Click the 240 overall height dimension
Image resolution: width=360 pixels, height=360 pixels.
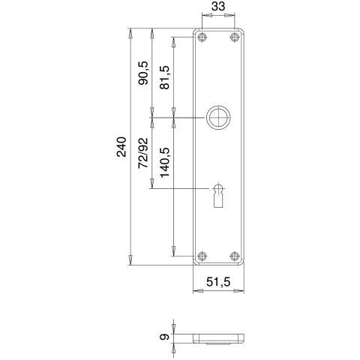[121, 147]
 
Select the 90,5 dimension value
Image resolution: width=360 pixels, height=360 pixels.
[143, 73]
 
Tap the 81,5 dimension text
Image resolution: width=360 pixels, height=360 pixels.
[165, 77]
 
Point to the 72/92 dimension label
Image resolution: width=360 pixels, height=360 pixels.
[143, 153]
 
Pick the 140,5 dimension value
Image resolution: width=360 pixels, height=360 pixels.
[165, 162]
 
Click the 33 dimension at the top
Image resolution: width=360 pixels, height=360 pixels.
[218, 6]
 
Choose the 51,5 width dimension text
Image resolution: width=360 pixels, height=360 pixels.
[218, 282]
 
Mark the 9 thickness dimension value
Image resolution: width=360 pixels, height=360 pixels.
[164, 337]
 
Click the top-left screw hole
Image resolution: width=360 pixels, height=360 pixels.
[202, 37]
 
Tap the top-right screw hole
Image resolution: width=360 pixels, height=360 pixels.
[234, 37]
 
